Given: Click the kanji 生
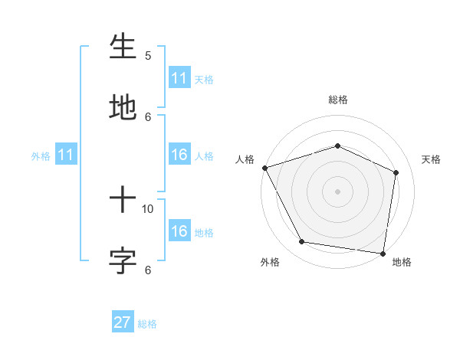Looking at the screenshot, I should tap(123, 47).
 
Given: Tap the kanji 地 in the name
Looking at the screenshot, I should tap(123, 106).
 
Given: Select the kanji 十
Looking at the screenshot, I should tap(123, 201).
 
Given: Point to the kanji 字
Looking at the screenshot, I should tap(123, 260).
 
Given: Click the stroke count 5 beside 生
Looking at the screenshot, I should tap(148, 56).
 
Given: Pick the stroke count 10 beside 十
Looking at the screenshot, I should tap(148, 208).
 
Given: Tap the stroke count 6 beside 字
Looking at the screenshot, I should tap(148, 269).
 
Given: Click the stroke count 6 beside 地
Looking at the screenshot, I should tap(148, 116).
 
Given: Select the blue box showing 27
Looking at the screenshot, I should tap(123, 322).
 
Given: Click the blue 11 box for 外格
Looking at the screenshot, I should tap(65, 155).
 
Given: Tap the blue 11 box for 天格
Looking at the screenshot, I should tap(179, 78).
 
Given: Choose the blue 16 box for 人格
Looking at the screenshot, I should tap(179, 155).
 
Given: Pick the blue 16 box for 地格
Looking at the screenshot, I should tap(179, 232).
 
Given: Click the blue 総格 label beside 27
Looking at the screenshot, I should tap(147, 324).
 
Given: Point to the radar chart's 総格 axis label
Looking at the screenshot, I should tap(337, 100).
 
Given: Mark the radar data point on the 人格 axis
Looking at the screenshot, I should tap(264, 168).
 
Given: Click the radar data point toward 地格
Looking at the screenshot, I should tap(383, 253).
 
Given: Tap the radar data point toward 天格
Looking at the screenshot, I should tap(396, 172).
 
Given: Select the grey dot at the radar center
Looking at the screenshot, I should tap(337, 191).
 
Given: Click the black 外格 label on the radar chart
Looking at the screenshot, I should tap(270, 262).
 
